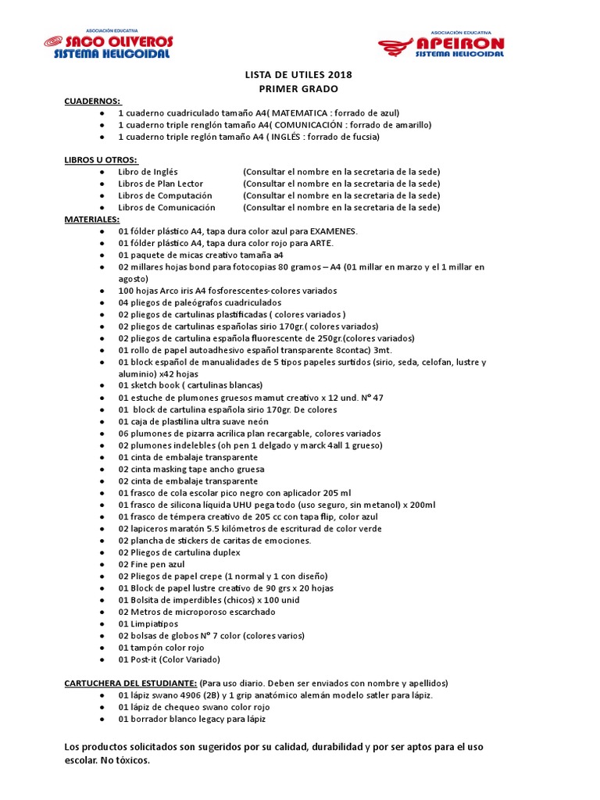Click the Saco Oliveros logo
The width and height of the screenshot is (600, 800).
click(109, 45)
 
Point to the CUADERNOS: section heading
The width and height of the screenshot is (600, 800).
click(92, 102)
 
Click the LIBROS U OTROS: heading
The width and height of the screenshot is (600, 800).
click(100, 160)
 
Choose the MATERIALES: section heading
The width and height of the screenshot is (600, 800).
click(91, 220)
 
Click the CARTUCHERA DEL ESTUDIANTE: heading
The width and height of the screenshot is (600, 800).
click(130, 683)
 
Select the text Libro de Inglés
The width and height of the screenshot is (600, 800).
click(148, 172)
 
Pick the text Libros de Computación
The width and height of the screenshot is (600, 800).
click(165, 195)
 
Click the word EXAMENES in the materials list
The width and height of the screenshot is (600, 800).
click(333, 231)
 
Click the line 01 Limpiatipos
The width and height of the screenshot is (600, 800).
click(148, 624)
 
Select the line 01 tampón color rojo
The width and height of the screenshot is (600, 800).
click(161, 648)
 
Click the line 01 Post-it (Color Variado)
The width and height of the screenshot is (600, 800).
click(170, 659)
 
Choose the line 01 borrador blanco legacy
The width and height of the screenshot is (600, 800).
click(191, 719)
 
